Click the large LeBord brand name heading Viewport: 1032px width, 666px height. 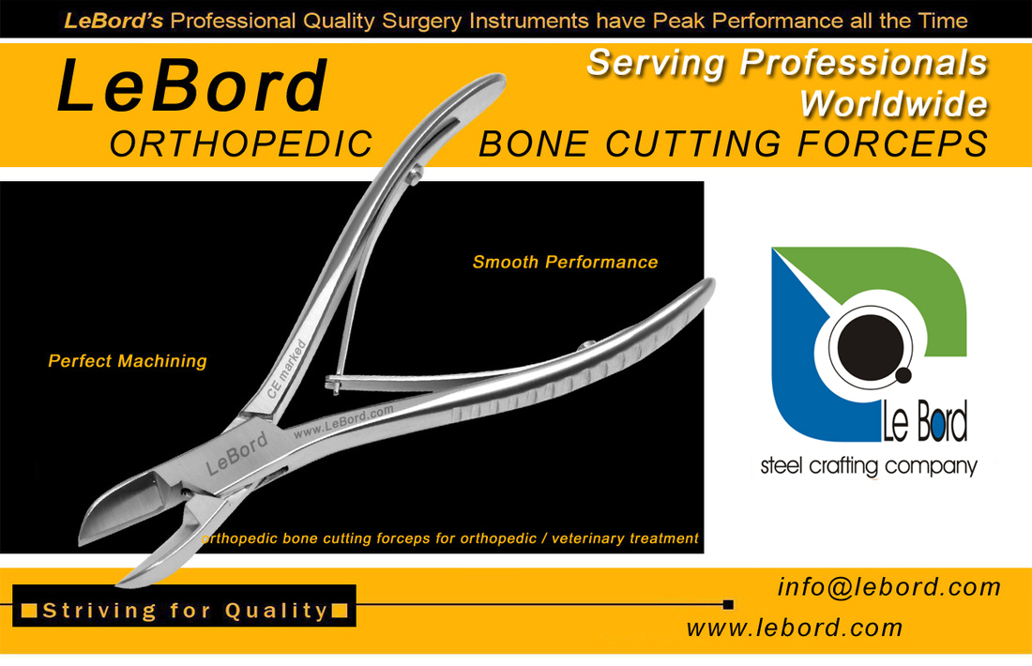coord(191,85)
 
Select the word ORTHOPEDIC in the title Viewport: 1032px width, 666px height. coord(241,144)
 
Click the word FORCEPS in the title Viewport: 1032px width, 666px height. coord(892,144)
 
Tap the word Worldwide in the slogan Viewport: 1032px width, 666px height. coord(893,104)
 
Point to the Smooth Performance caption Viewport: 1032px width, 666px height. coord(566,262)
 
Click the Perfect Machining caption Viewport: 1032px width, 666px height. coord(128,360)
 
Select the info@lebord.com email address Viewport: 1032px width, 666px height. coord(889,586)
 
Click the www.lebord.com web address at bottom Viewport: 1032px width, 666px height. coord(795,628)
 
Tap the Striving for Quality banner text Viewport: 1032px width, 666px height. coord(185,611)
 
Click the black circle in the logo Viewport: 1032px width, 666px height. coord(870,347)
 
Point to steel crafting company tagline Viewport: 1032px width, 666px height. coord(869,466)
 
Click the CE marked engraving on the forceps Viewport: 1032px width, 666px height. coord(287,369)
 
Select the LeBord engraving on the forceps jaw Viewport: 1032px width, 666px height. coord(236,453)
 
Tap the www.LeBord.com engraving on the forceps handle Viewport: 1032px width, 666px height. coord(342,421)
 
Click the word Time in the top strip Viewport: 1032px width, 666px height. coord(943,21)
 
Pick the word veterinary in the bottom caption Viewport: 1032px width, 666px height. coord(587,538)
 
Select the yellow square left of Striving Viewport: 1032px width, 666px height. coord(29,611)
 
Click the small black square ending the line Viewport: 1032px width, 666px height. coord(728,604)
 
